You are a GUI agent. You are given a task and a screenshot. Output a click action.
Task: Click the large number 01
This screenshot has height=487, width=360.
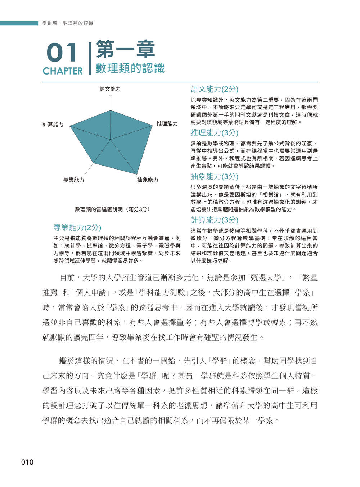pos(62,53)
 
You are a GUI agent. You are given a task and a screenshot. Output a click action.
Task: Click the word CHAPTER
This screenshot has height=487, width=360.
pos(63,71)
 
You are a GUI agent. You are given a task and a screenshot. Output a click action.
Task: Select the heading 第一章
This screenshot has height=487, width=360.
pos(125,50)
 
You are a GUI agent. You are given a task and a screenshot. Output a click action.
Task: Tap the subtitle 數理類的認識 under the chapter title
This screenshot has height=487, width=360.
pos(130,68)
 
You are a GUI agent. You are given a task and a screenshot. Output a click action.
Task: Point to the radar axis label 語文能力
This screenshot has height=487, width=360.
pos(110,89)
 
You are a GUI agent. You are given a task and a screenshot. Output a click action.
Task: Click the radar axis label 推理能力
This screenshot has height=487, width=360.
pos(167,123)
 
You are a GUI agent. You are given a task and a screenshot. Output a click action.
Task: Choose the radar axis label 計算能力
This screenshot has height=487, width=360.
pos(53,125)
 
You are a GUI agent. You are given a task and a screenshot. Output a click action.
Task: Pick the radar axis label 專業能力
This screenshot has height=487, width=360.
pos(74,180)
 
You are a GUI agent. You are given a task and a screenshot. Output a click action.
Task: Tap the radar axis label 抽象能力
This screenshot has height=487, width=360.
pos(148,180)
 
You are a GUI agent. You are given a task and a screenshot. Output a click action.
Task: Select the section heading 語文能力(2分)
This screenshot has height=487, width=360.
pos(214,89)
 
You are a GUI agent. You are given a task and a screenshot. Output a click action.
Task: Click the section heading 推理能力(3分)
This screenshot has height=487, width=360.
pos(214,132)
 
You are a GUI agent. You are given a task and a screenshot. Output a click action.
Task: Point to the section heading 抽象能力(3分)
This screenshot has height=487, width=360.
pos(214,176)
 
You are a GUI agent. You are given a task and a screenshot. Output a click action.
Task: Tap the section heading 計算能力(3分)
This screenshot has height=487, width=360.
pos(214,220)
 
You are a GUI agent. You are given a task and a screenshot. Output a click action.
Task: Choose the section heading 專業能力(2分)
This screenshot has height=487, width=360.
pos(77,227)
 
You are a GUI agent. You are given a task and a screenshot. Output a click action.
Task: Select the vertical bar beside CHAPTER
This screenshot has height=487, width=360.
pos(90,59)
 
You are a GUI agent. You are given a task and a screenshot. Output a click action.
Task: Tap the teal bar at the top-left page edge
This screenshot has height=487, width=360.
pos(19,23)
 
